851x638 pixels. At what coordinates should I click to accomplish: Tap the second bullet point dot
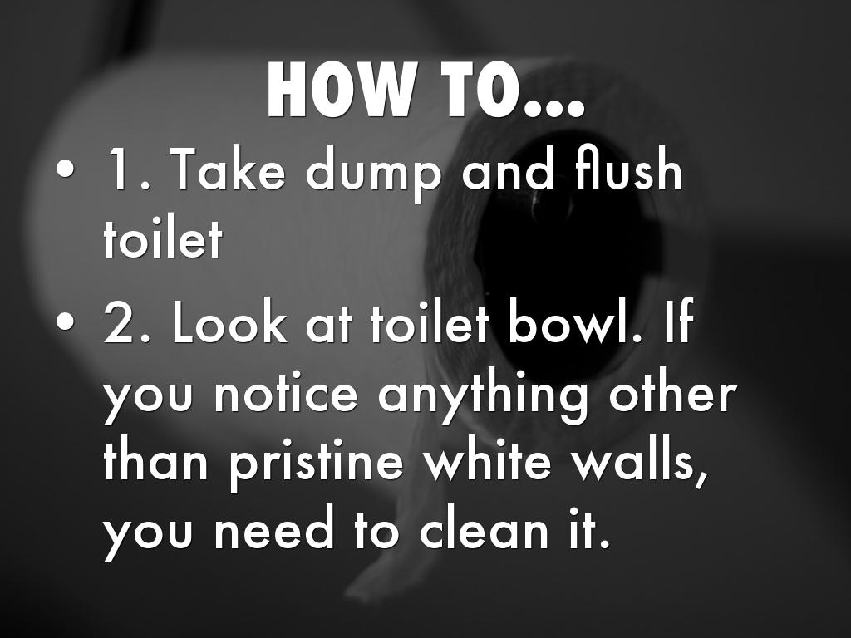tap(65, 321)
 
